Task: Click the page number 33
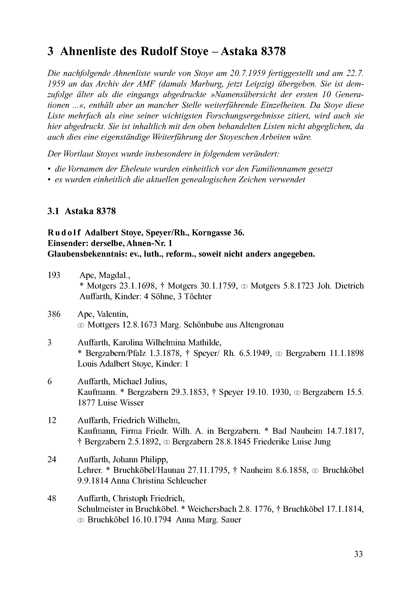pos(358,554)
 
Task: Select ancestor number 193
pos(54,275)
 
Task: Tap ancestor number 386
pos(54,314)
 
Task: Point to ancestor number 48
pos(52,498)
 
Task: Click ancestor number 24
pos(52,459)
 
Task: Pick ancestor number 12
pos(52,420)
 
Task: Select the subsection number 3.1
pos(53,211)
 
